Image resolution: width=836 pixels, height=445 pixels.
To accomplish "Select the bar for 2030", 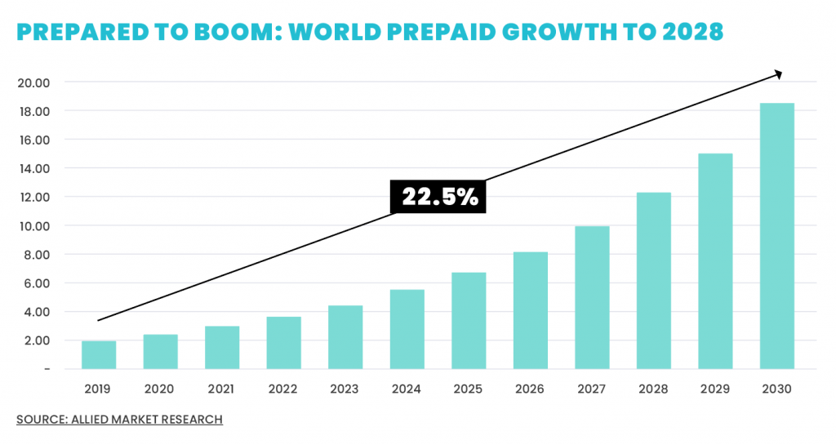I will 776,236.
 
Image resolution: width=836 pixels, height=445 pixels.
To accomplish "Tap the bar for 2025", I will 469,321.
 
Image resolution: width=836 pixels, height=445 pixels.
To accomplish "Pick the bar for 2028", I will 653,281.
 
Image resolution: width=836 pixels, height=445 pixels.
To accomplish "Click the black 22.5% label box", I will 438,197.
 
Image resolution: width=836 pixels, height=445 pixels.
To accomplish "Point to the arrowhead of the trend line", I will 779,74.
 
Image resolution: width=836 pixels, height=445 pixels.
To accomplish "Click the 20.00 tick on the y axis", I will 33,82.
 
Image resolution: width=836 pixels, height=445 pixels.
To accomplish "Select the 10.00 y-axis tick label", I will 33,226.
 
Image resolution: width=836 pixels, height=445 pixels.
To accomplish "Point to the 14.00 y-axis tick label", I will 33,168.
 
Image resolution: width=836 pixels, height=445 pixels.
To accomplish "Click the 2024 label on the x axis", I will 407,389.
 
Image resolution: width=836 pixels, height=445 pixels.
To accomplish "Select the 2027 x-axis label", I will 592,389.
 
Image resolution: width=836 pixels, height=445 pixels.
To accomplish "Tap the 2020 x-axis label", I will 160,389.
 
